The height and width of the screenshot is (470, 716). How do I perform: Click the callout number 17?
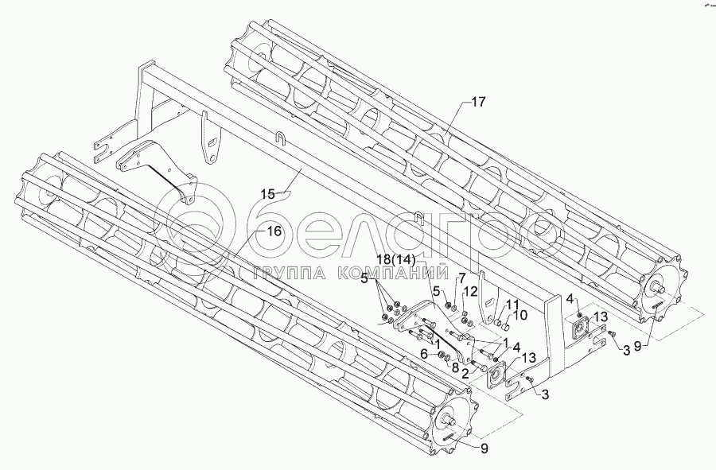click(x=477, y=103)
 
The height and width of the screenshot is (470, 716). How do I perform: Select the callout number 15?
click(x=267, y=193)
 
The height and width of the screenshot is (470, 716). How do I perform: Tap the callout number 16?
click(x=274, y=231)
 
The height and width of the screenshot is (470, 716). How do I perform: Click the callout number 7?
click(x=461, y=277)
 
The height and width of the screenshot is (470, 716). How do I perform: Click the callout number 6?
click(x=424, y=355)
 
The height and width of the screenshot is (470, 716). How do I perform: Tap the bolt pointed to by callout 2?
click(x=477, y=363)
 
